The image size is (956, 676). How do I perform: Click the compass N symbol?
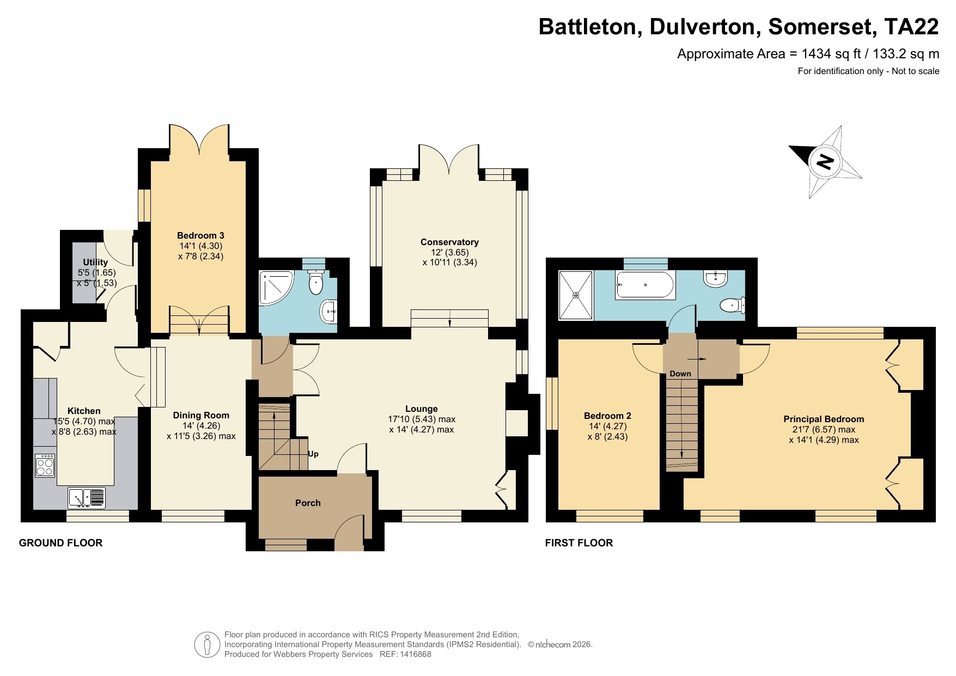tap(825, 162)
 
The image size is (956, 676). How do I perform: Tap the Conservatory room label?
tap(449, 242)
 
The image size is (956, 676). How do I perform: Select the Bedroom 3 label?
tap(200, 235)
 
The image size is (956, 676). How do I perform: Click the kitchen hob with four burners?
tap(45, 465)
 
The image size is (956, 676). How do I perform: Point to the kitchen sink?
tap(87, 497)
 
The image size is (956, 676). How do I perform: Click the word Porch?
tap(308, 503)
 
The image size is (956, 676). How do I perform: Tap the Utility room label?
tap(95, 262)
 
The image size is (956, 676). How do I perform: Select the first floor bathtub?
tap(646, 284)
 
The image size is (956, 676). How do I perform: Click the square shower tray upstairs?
tap(576, 295)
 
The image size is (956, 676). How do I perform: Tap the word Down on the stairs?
tap(680, 374)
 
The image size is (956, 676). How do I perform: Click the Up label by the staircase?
tap(313, 454)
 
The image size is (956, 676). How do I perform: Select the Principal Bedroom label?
tap(824, 419)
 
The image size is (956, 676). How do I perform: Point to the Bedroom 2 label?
tap(607, 416)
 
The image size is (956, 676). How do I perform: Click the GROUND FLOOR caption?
tap(60, 543)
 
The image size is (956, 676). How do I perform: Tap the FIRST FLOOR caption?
tap(579, 543)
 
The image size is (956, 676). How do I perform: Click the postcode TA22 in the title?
tap(911, 27)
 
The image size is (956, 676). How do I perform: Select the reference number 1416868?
tap(413, 654)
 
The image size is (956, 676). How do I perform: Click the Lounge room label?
tap(422, 409)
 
